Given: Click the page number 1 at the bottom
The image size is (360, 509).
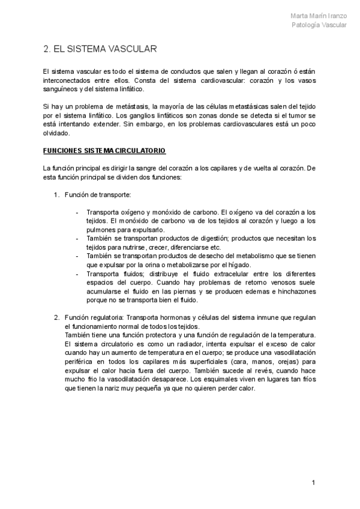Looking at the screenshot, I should (313, 483).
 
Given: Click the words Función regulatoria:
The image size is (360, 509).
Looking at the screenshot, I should (91, 318).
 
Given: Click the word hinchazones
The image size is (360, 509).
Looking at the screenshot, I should (297, 291).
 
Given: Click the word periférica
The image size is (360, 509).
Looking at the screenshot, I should (79, 362).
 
